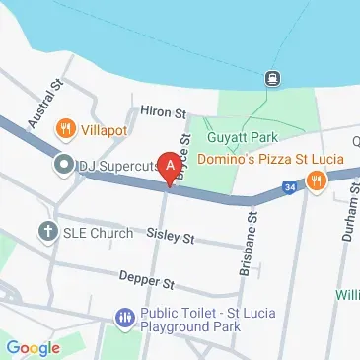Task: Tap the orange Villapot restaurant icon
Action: pos(66,126)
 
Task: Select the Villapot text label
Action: pos(102,127)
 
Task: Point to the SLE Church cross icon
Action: pos(46,232)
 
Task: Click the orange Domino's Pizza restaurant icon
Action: pos(316,180)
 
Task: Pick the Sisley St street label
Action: pos(170,239)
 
